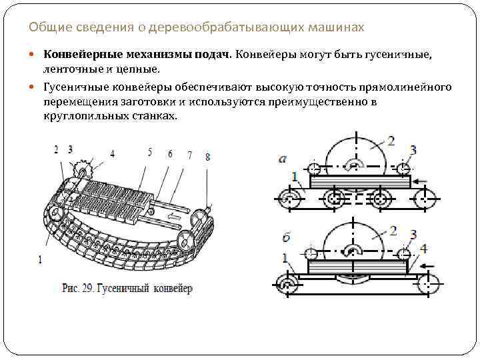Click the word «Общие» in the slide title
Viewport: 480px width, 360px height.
click(45, 28)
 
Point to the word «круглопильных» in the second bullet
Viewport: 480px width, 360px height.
click(80, 115)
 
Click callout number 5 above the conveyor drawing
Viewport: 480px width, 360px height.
click(150, 153)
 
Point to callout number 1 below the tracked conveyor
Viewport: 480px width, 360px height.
click(41, 259)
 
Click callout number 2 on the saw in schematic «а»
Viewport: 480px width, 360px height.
click(391, 141)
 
